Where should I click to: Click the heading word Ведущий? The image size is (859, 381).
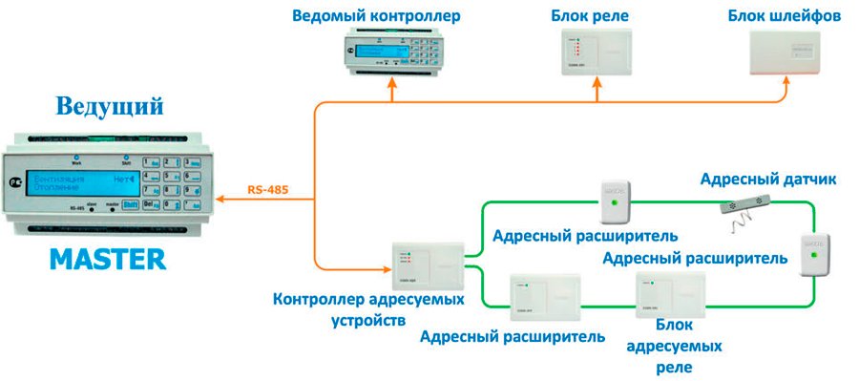109,104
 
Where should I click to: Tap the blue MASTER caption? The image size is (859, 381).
108,259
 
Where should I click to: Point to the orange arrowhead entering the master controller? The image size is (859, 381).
220,199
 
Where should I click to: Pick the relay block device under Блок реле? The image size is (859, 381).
597,53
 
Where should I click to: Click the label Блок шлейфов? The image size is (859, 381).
785,16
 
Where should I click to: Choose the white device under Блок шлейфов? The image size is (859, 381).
784,53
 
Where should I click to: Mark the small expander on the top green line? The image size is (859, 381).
613,200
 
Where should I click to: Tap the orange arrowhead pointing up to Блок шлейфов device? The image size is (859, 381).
786,83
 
